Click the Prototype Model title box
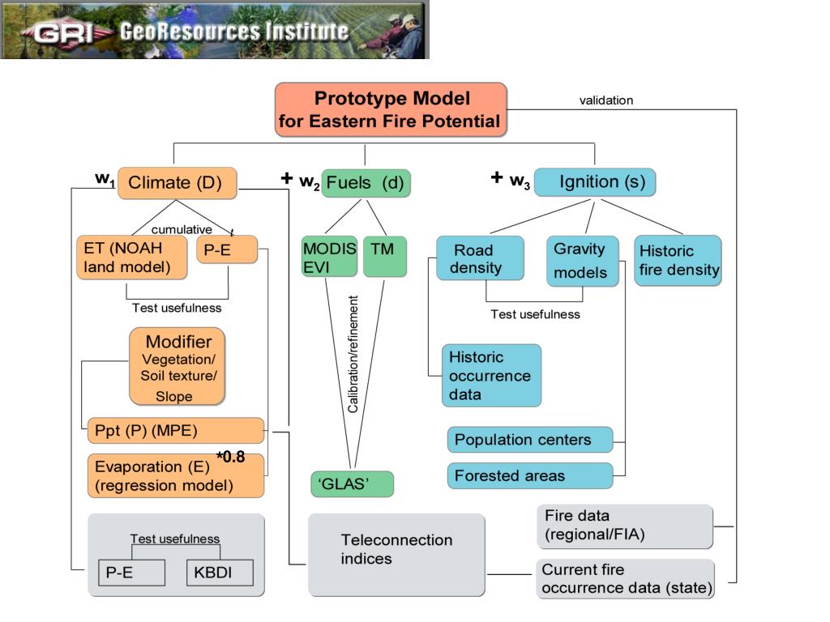[x=391, y=109]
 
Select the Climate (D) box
[x=177, y=183]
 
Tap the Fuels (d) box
[x=366, y=183]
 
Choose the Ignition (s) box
[x=595, y=182]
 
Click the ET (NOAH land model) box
[x=132, y=257]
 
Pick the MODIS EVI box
[x=330, y=257]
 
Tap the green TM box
[x=385, y=257]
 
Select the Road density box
[x=480, y=258]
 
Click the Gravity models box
[x=582, y=262]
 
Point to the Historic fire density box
[x=678, y=260]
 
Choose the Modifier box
[x=178, y=367]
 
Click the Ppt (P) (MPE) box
[x=176, y=431]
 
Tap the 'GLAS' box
[x=352, y=484]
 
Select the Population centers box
[x=530, y=440]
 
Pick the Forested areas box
[x=530, y=475]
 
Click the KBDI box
[x=220, y=573]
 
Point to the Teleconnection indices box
[x=396, y=555]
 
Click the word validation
[x=606, y=100]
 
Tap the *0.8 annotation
[x=231, y=457]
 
